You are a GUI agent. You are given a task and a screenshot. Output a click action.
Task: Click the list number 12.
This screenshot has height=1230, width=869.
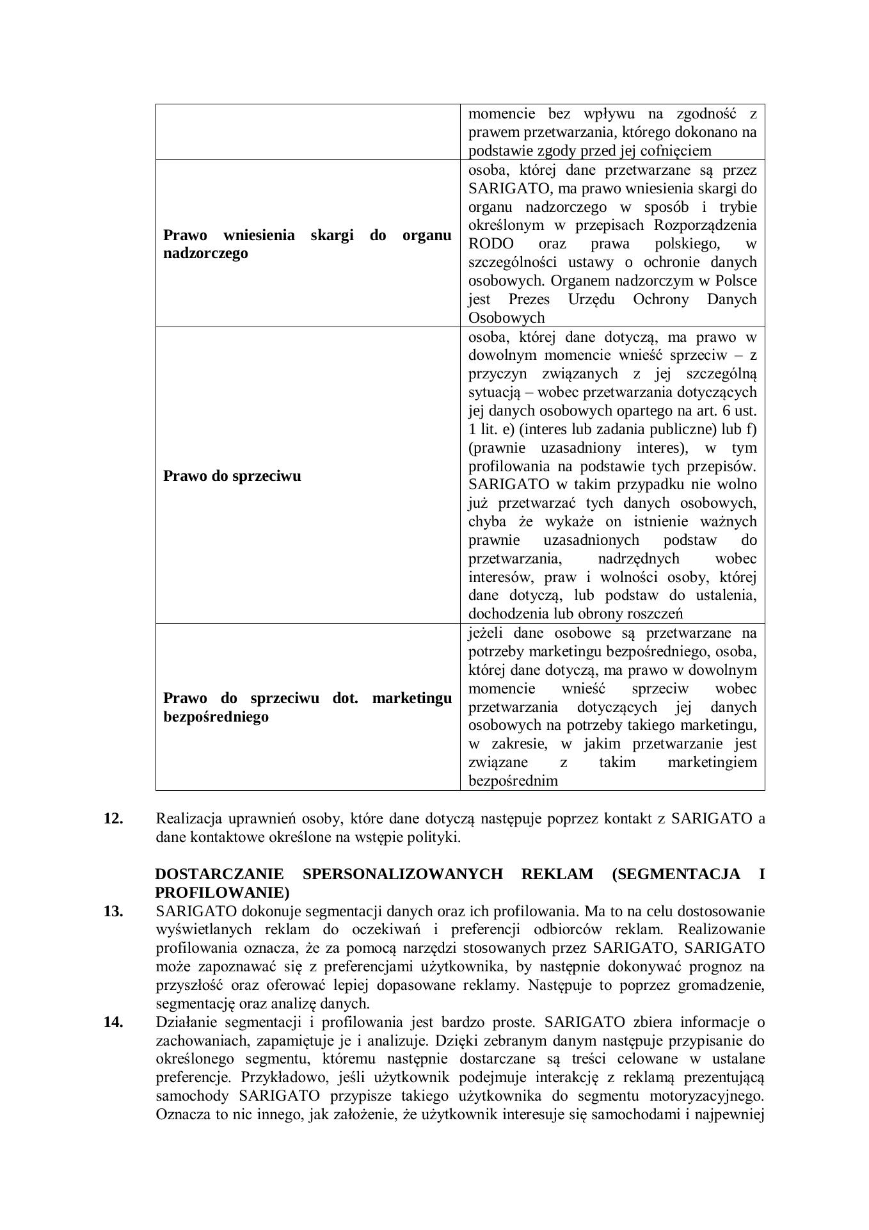113,818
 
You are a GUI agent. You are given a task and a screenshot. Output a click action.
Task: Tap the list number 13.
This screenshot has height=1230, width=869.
113,910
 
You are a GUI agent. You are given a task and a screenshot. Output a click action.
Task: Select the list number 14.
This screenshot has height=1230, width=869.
113,1021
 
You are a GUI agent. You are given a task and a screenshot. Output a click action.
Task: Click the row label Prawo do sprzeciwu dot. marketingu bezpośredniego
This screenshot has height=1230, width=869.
307,707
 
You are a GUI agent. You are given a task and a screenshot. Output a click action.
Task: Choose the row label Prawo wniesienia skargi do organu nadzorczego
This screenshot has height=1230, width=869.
307,244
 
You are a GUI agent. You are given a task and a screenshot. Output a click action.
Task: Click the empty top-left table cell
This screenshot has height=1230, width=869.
307,132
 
